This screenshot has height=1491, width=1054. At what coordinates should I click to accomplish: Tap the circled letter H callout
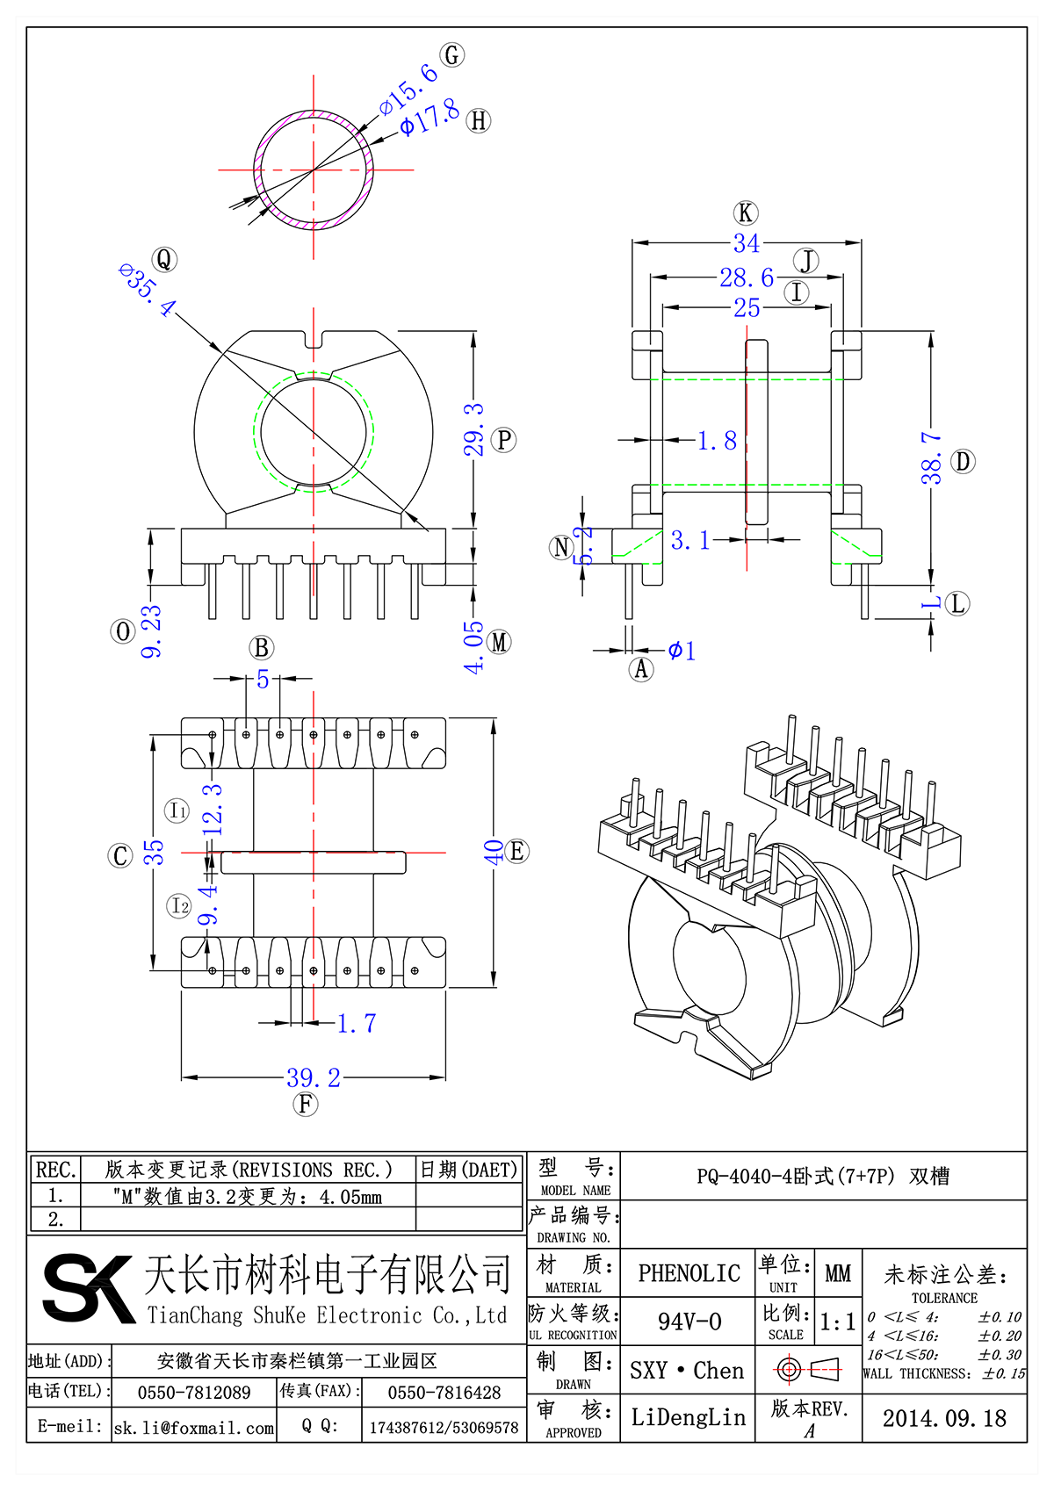[x=479, y=120]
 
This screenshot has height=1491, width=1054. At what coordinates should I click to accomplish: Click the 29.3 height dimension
[x=474, y=429]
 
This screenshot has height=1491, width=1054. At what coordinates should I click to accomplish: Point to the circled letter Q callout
[x=164, y=260]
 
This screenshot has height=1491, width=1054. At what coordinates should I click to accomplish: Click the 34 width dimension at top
[x=746, y=243]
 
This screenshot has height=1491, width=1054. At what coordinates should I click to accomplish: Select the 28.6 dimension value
[x=747, y=277]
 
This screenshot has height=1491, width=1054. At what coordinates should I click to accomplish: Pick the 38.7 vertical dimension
[x=932, y=457]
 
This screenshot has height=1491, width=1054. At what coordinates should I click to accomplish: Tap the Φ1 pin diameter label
[x=682, y=651]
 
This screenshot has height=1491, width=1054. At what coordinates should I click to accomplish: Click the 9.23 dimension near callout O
[x=152, y=630]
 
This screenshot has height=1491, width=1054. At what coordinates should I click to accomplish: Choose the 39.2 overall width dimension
[x=314, y=1077]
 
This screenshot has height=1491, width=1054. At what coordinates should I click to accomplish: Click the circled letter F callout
[x=306, y=1104]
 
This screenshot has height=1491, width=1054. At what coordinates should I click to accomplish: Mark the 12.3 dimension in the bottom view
[x=213, y=809]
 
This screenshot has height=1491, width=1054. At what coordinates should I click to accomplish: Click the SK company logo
[x=88, y=1289]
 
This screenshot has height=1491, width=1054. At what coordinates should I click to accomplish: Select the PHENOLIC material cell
[x=689, y=1273]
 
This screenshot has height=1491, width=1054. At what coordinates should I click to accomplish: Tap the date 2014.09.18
[x=944, y=1418]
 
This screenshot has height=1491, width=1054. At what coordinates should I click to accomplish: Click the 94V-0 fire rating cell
[x=689, y=1322]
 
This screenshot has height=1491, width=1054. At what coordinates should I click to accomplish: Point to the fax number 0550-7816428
[x=444, y=1393]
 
